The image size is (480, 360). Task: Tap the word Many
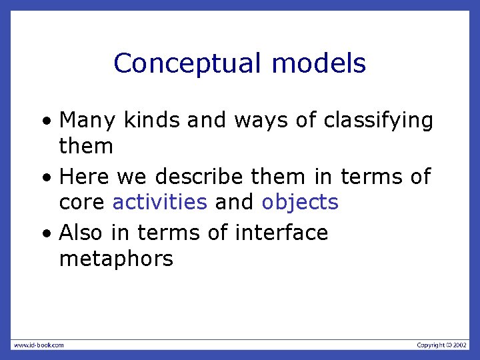(87, 121)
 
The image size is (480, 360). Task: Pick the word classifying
(378, 121)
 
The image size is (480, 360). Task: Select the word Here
(85, 177)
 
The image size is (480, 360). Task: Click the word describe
(199, 177)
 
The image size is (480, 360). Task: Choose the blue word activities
(160, 202)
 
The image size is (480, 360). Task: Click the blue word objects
(300, 202)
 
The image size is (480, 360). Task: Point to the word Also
(84, 233)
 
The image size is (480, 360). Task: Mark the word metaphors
(116, 258)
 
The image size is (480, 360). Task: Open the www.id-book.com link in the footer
(39, 345)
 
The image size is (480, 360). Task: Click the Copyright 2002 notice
(442, 345)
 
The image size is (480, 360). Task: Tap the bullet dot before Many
(45, 123)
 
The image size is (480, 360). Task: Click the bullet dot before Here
(45, 179)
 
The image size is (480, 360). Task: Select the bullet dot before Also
(45, 235)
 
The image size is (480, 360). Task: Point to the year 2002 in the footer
(461, 345)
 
